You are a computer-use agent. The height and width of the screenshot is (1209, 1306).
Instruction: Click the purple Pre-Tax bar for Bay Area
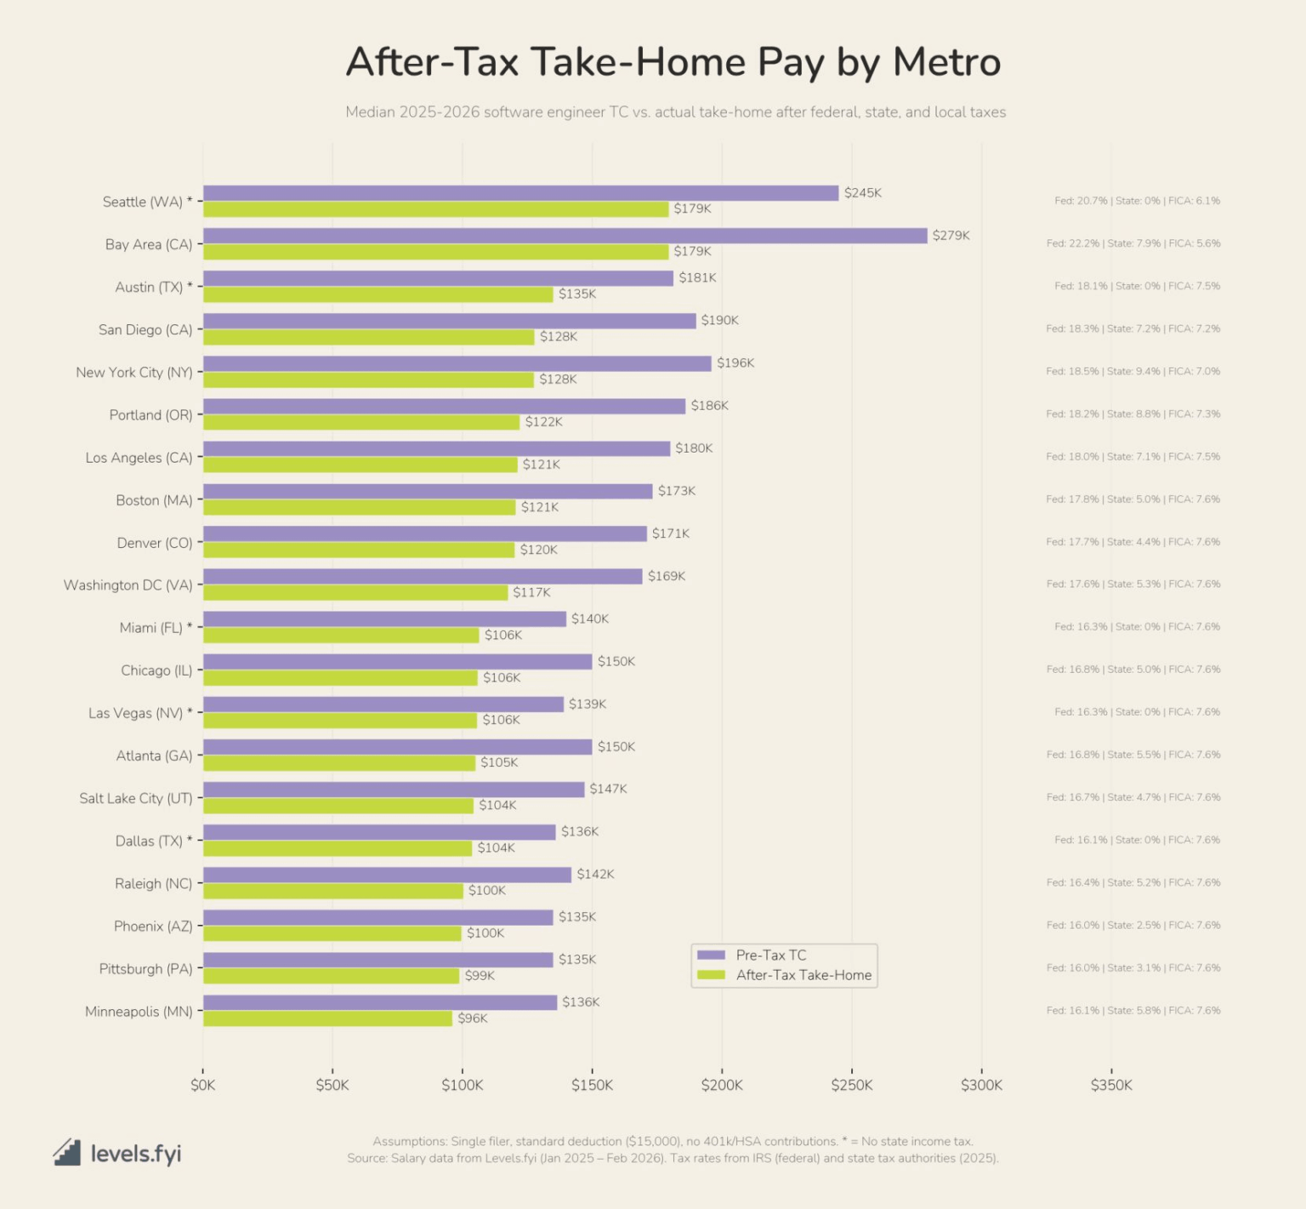[x=565, y=236]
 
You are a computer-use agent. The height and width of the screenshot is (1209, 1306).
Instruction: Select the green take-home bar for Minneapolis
[x=327, y=1018]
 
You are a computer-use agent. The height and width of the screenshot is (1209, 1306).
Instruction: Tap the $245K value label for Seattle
[x=862, y=193]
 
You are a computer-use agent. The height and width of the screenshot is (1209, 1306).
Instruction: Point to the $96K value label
[x=472, y=1018]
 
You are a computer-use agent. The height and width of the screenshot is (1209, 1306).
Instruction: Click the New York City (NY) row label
[x=134, y=373]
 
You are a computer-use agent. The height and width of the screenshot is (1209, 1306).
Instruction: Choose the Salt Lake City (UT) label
[x=136, y=798]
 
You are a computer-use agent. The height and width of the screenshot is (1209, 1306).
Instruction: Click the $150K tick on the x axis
[x=592, y=1085]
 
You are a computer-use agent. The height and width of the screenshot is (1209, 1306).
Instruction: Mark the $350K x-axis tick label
[x=1111, y=1085]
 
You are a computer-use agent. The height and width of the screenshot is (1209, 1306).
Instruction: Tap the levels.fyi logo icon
[x=67, y=1153]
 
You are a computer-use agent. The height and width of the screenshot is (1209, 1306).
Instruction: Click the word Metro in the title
[x=946, y=62]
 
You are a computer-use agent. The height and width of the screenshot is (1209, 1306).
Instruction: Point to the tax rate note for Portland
[x=1133, y=414]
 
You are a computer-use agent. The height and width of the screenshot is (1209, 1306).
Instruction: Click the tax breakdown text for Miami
[x=1137, y=627]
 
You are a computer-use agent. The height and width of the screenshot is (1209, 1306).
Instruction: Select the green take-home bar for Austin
[x=378, y=294]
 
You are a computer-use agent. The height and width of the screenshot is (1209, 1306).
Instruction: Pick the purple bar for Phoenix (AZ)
[x=378, y=917]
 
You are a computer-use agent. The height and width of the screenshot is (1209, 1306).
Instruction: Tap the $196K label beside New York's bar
[x=735, y=363]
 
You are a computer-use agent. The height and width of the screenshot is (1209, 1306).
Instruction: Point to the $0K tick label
[x=202, y=1085]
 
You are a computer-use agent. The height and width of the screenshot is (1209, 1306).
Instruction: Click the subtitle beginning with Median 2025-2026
[x=675, y=112]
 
